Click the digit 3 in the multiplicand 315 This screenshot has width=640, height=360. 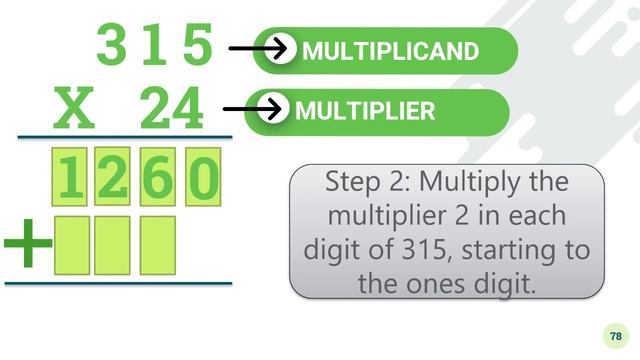(111, 44)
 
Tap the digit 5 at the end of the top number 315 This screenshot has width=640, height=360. (198, 44)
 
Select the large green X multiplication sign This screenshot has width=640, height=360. (74, 108)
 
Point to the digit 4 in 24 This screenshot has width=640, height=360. (187, 108)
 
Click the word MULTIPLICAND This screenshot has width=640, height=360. (391, 51)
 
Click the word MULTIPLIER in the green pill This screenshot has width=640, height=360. (365, 111)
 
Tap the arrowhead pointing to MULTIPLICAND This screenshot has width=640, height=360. (281, 48)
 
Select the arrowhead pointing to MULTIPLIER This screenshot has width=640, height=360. (274, 109)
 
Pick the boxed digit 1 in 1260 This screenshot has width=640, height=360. (70, 177)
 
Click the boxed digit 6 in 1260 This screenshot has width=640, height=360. (158, 177)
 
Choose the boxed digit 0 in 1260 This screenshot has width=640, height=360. (203, 177)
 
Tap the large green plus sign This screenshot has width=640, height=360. (28, 243)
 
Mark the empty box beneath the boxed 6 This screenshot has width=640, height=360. (158, 245)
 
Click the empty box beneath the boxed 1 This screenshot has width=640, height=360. (72, 245)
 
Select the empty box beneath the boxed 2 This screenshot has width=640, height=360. (112, 245)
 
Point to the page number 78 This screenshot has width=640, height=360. (616, 336)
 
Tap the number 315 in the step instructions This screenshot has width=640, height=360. (424, 250)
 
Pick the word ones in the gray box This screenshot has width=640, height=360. (435, 283)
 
